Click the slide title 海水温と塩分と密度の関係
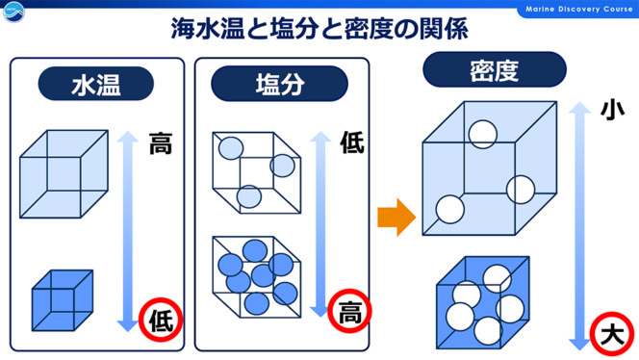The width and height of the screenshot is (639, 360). [319, 29]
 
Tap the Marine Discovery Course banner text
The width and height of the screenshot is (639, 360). [578, 9]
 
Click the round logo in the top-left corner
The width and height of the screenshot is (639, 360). [13, 12]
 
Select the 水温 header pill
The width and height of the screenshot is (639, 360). [96, 84]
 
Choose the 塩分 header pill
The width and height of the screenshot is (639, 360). [279, 84]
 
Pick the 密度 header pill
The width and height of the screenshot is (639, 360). [495, 69]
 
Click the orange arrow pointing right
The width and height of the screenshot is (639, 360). [396, 218]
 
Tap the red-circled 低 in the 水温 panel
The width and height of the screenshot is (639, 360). [161, 320]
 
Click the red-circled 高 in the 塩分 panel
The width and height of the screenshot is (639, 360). [349, 311]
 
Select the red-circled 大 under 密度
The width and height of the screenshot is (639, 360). [612, 334]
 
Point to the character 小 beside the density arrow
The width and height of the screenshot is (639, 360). [612, 110]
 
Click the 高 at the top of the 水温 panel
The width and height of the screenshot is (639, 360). [161, 143]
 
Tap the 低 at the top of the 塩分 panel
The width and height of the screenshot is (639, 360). [352, 142]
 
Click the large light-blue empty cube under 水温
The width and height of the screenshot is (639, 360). [64, 174]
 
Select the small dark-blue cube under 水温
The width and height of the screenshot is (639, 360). [63, 300]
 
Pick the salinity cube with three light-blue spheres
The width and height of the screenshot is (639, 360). [257, 172]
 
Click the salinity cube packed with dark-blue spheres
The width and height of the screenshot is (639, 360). [257, 277]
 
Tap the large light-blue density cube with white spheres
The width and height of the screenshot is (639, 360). [490, 168]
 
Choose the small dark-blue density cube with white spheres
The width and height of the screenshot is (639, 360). [483, 302]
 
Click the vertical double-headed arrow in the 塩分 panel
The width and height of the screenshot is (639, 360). [320, 224]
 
